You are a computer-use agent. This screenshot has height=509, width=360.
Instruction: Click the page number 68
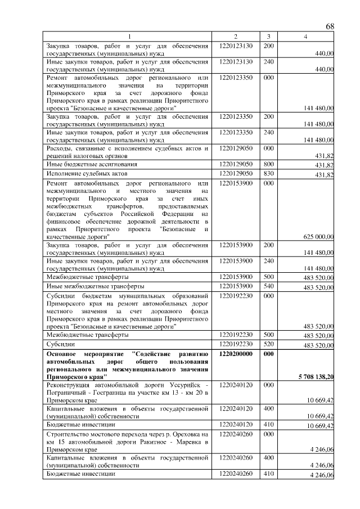point(330,27)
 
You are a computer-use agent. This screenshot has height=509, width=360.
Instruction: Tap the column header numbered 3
point(269,37)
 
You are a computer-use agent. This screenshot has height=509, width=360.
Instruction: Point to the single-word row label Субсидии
point(61,344)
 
